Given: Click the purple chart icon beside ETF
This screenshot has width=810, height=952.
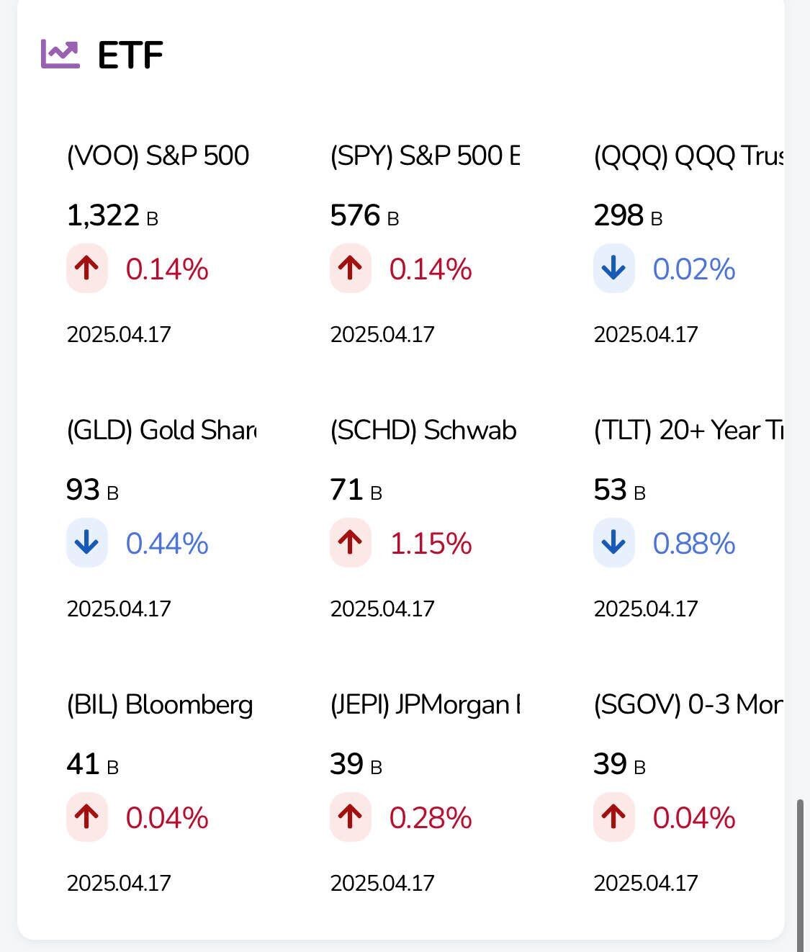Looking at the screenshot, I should (60, 54).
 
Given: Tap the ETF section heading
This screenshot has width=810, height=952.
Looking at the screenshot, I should (130, 55).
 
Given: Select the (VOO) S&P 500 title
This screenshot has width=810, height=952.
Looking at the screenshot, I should (158, 156).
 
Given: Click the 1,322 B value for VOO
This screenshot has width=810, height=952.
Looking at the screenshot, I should (112, 215).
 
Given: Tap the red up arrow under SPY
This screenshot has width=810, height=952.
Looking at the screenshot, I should (351, 269).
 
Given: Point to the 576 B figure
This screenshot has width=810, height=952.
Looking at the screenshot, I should (364, 215).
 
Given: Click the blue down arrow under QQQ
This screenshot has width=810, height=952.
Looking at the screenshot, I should (613, 269).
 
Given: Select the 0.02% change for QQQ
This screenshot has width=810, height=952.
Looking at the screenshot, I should (693, 269).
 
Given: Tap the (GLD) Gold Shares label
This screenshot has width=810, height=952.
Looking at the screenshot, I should (161, 430).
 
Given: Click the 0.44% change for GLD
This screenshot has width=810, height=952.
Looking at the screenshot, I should (166, 544).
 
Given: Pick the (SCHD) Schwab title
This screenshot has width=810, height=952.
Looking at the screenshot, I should (423, 430).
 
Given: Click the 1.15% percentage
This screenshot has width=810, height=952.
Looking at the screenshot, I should (431, 544).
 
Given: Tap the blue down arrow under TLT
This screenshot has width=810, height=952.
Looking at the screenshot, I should (613, 543).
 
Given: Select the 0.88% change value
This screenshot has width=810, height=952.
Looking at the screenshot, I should (693, 544).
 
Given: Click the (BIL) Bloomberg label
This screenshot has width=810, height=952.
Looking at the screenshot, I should (160, 704).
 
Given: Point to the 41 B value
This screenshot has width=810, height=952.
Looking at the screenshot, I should (92, 764).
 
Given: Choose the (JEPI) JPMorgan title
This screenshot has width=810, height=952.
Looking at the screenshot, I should (425, 704).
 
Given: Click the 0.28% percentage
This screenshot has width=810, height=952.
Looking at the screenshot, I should (431, 818).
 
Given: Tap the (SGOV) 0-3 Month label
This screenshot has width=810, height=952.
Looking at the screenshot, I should (688, 704).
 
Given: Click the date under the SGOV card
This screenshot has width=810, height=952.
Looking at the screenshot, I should (646, 883).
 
